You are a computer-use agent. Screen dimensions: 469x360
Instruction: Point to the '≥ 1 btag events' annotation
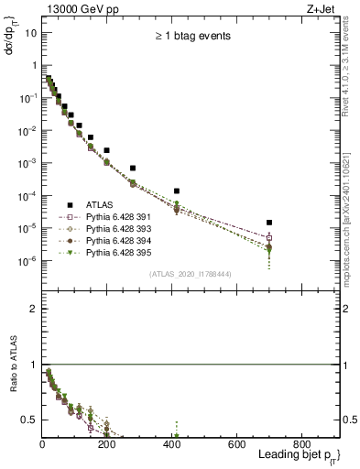(191, 38)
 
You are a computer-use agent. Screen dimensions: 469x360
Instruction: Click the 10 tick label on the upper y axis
(31, 33)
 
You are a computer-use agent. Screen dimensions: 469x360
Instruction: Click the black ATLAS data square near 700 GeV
(269, 222)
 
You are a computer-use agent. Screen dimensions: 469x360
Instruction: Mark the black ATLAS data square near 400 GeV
(177, 191)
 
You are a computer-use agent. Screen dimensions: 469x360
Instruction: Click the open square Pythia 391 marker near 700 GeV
(269, 238)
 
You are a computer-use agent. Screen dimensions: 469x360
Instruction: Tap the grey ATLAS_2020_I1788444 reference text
(190, 274)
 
